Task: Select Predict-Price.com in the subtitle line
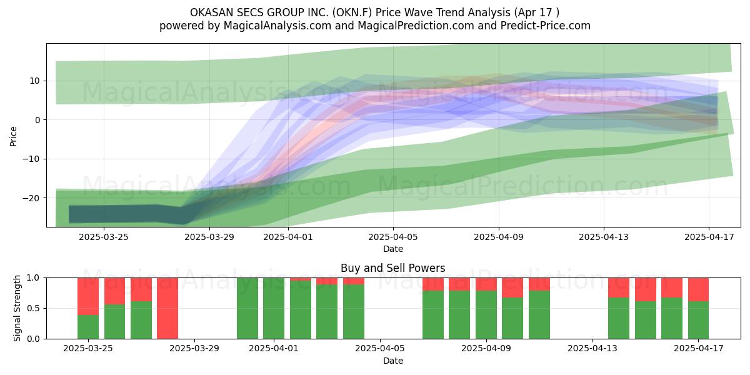point(546,26)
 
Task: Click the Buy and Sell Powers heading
point(392,268)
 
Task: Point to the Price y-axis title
point(13,136)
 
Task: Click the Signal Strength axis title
point(17,308)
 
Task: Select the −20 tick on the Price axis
point(31,198)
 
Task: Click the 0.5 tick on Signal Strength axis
point(34,308)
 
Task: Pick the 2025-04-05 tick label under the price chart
point(393,237)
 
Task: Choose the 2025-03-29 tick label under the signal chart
point(194,349)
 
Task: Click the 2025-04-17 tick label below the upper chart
point(709,237)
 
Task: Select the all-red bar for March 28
point(167,308)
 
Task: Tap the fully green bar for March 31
point(247,308)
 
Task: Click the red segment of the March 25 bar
point(88,296)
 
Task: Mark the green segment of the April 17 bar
point(699,320)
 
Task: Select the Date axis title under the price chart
point(393,249)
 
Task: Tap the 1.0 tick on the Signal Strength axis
point(34,278)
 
